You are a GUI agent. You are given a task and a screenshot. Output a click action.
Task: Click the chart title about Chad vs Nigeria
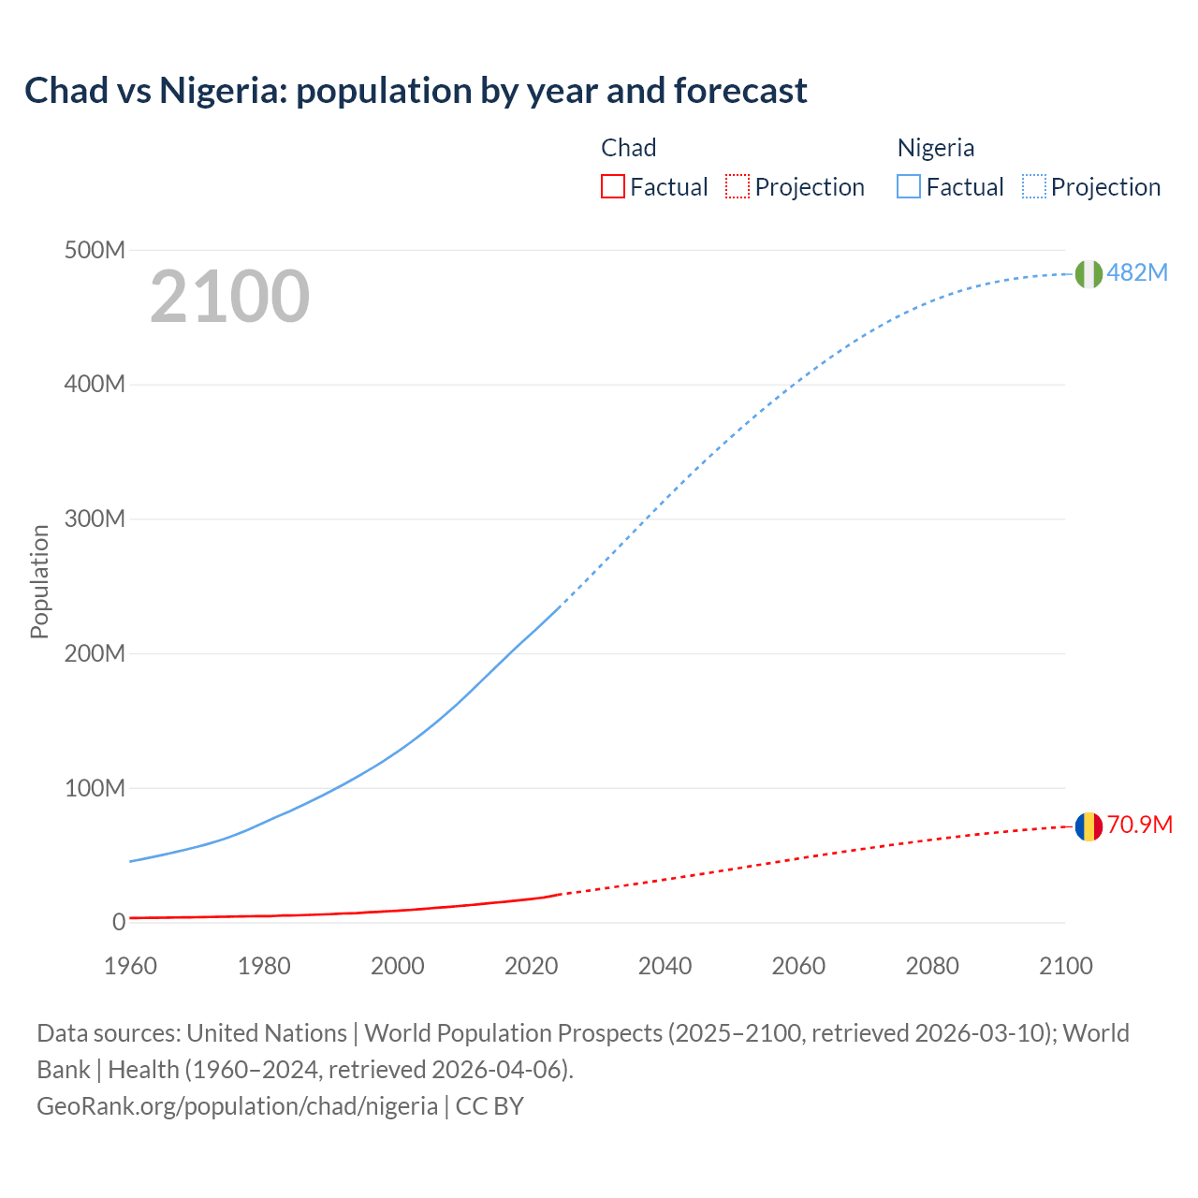pyautogui.click(x=416, y=91)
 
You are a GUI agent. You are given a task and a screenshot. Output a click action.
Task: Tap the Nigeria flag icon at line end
pyautogui.click(x=1088, y=273)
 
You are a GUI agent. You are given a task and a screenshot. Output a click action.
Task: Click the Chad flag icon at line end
pyautogui.click(x=1088, y=826)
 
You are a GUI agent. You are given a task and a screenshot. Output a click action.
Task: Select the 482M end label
pyautogui.click(x=1137, y=272)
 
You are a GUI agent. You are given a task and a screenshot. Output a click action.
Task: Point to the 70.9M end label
pyautogui.click(x=1139, y=825)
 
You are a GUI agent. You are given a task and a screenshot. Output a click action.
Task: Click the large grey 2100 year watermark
pyautogui.click(x=229, y=297)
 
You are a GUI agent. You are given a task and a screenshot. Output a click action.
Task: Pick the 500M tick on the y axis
pyautogui.click(x=95, y=251)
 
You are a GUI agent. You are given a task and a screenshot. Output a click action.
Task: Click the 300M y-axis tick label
pyautogui.click(x=95, y=519)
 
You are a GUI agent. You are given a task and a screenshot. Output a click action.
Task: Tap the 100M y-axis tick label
pyautogui.click(x=95, y=788)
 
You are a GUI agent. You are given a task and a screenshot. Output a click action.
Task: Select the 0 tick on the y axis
pyautogui.click(x=119, y=923)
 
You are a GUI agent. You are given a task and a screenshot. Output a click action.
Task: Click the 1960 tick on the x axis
pyautogui.click(x=130, y=966)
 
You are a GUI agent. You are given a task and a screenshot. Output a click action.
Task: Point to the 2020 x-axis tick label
pyautogui.click(x=531, y=966)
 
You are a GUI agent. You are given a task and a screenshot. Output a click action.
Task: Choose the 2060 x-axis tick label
pyautogui.click(x=798, y=966)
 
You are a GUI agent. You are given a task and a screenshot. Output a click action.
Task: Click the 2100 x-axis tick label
pyautogui.click(x=1065, y=966)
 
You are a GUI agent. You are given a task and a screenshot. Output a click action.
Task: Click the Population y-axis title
pyautogui.click(x=39, y=581)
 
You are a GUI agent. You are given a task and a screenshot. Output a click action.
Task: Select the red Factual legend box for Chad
pyautogui.click(x=612, y=186)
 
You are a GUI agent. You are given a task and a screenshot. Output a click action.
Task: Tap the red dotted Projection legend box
pyautogui.click(x=738, y=186)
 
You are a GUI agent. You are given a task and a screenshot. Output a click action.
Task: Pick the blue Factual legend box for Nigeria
pyautogui.click(x=909, y=186)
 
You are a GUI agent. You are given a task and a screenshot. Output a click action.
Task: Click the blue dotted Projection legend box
pyautogui.click(x=1033, y=186)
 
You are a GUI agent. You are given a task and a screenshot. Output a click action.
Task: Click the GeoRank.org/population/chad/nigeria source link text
pyautogui.click(x=237, y=1106)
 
